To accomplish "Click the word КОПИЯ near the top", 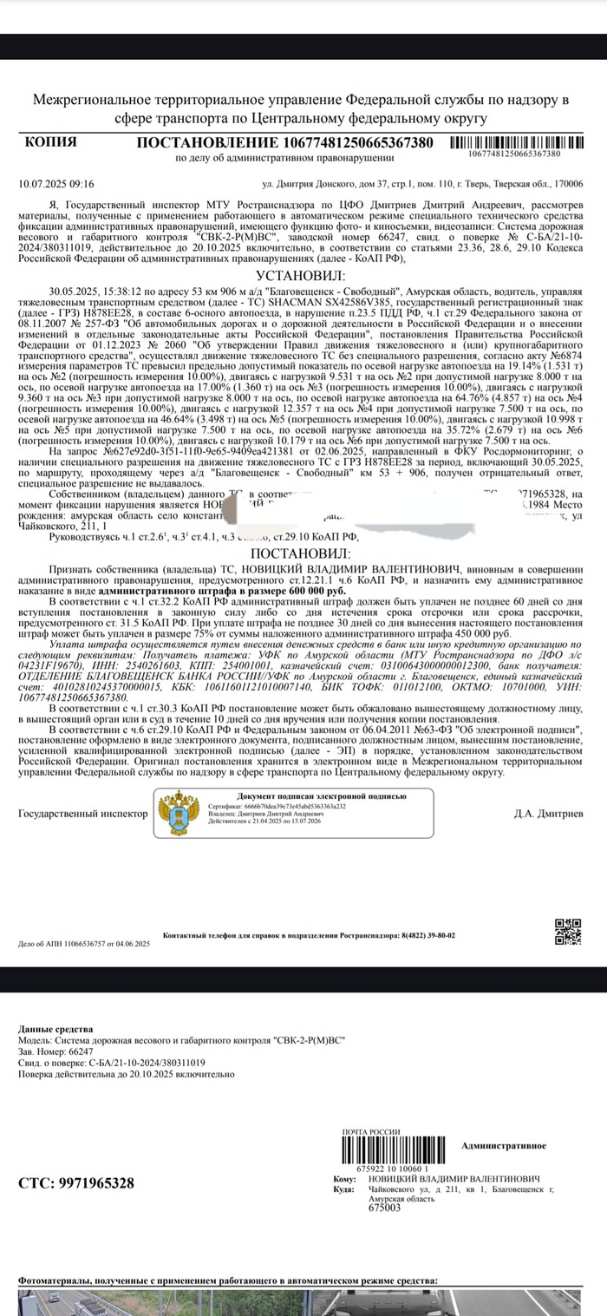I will (x=51, y=142).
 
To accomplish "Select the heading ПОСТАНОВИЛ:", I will (x=300, y=553).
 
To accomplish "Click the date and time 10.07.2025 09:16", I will (x=56, y=184).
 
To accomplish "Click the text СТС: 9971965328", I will (x=76, y=1183).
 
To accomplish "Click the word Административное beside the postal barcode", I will (x=504, y=1145).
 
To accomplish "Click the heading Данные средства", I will (x=55, y=1029).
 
